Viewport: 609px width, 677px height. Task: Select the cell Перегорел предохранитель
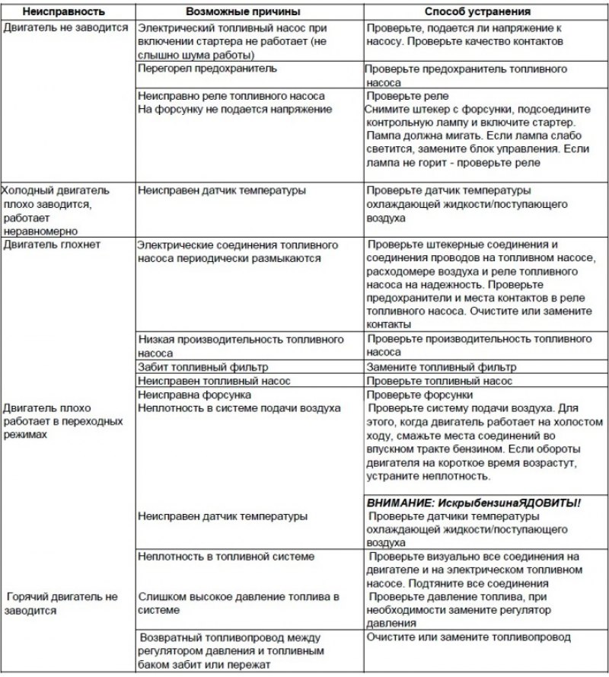click(207, 69)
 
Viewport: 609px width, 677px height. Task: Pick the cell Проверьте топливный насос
click(439, 380)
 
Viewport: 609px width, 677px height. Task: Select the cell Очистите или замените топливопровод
click(468, 637)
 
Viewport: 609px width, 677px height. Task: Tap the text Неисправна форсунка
click(195, 394)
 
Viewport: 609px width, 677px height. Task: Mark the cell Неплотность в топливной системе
click(226, 557)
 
